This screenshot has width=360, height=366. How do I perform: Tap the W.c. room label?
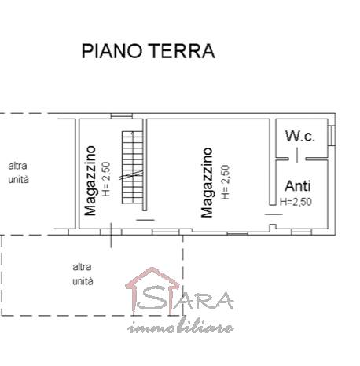click(x=300, y=136)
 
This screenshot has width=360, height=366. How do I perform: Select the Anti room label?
click(x=298, y=186)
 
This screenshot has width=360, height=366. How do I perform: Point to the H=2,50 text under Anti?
click(x=296, y=202)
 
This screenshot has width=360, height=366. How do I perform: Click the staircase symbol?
click(x=133, y=167)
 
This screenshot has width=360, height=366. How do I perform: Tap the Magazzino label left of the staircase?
click(x=90, y=181)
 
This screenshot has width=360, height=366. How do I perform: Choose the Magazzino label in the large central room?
click(x=207, y=182)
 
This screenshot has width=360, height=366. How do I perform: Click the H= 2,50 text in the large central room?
click(x=225, y=182)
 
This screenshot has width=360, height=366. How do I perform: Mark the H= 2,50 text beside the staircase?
click(x=107, y=179)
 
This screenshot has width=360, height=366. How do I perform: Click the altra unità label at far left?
click(x=18, y=173)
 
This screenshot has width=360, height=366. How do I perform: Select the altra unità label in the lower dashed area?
click(x=83, y=274)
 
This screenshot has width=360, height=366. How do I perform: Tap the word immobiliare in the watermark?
click(x=181, y=327)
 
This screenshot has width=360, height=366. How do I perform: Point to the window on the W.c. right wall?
click(x=332, y=135)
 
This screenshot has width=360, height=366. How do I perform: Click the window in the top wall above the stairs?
click(x=122, y=116)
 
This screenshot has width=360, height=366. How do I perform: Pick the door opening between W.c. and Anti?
click(x=297, y=159)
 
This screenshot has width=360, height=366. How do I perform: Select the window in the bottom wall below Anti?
click(x=301, y=232)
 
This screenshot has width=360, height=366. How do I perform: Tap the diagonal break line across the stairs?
click(x=131, y=175)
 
